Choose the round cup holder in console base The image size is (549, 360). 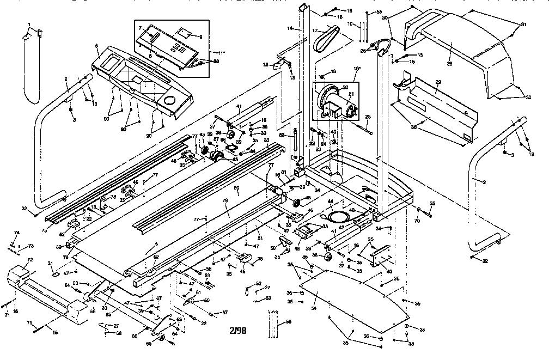(x=169, y=101)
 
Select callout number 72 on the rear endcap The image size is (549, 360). (x=30, y=260)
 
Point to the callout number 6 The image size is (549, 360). (x=96, y=46)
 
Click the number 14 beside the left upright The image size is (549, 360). (x=290, y=28)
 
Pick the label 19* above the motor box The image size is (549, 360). (x=358, y=69)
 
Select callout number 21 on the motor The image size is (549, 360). (x=351, y=95)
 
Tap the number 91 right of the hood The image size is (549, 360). (x=524, y=24)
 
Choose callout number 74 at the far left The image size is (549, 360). (x=16, y=233)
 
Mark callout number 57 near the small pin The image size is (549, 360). (x=224, y=313)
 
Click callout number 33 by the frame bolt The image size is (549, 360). (x=432, y=204)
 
